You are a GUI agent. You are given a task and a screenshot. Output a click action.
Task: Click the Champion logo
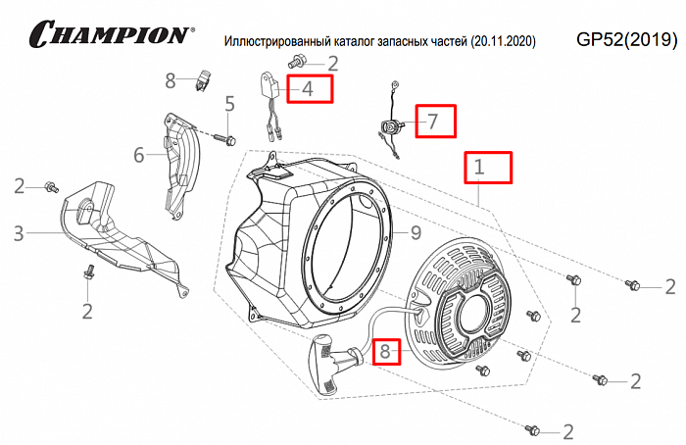[110, 34]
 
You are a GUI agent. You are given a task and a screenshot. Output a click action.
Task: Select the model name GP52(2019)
[627, 39]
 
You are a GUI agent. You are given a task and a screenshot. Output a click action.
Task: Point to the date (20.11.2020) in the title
[503, 42]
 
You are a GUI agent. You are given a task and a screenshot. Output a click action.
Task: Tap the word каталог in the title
[355, 42]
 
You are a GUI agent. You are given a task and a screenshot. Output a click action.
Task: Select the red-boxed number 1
[480, 167]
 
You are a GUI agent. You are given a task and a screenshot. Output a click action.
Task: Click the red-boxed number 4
[307, 89]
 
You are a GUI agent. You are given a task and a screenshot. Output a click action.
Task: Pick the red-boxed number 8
[385, 350]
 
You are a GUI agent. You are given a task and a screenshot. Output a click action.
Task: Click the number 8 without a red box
[170, 79]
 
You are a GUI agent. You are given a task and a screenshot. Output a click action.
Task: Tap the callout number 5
[230, 104]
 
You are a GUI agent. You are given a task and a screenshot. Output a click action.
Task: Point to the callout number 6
[138, 154]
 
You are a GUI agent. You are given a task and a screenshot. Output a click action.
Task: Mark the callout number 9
[416, 233]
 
